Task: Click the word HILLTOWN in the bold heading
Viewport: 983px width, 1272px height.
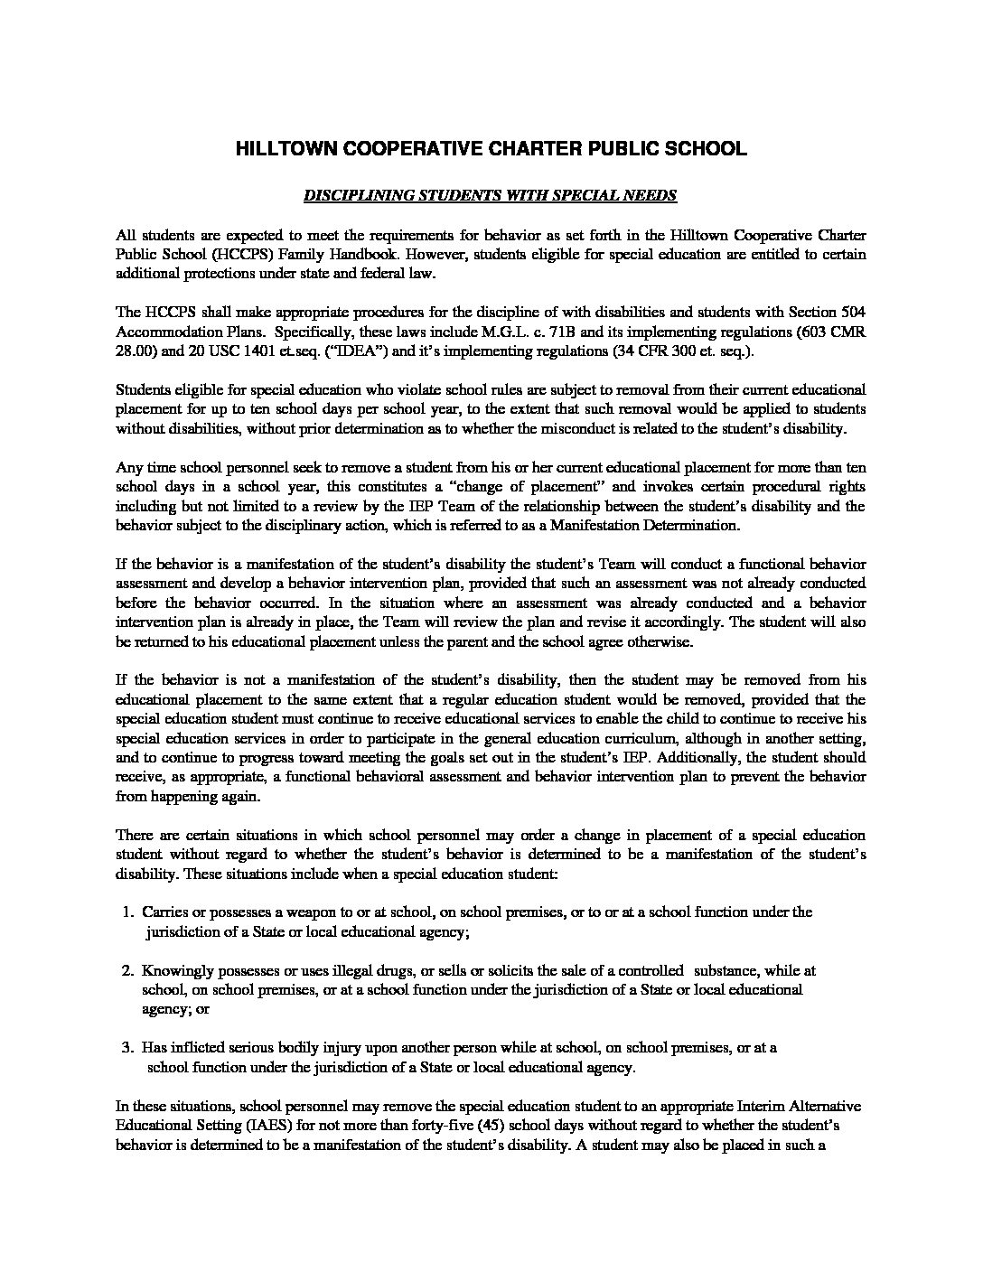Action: pos(278,150)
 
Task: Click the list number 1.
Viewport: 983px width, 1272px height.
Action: pos(127,912)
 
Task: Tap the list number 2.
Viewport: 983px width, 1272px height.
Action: pos(127,971)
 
